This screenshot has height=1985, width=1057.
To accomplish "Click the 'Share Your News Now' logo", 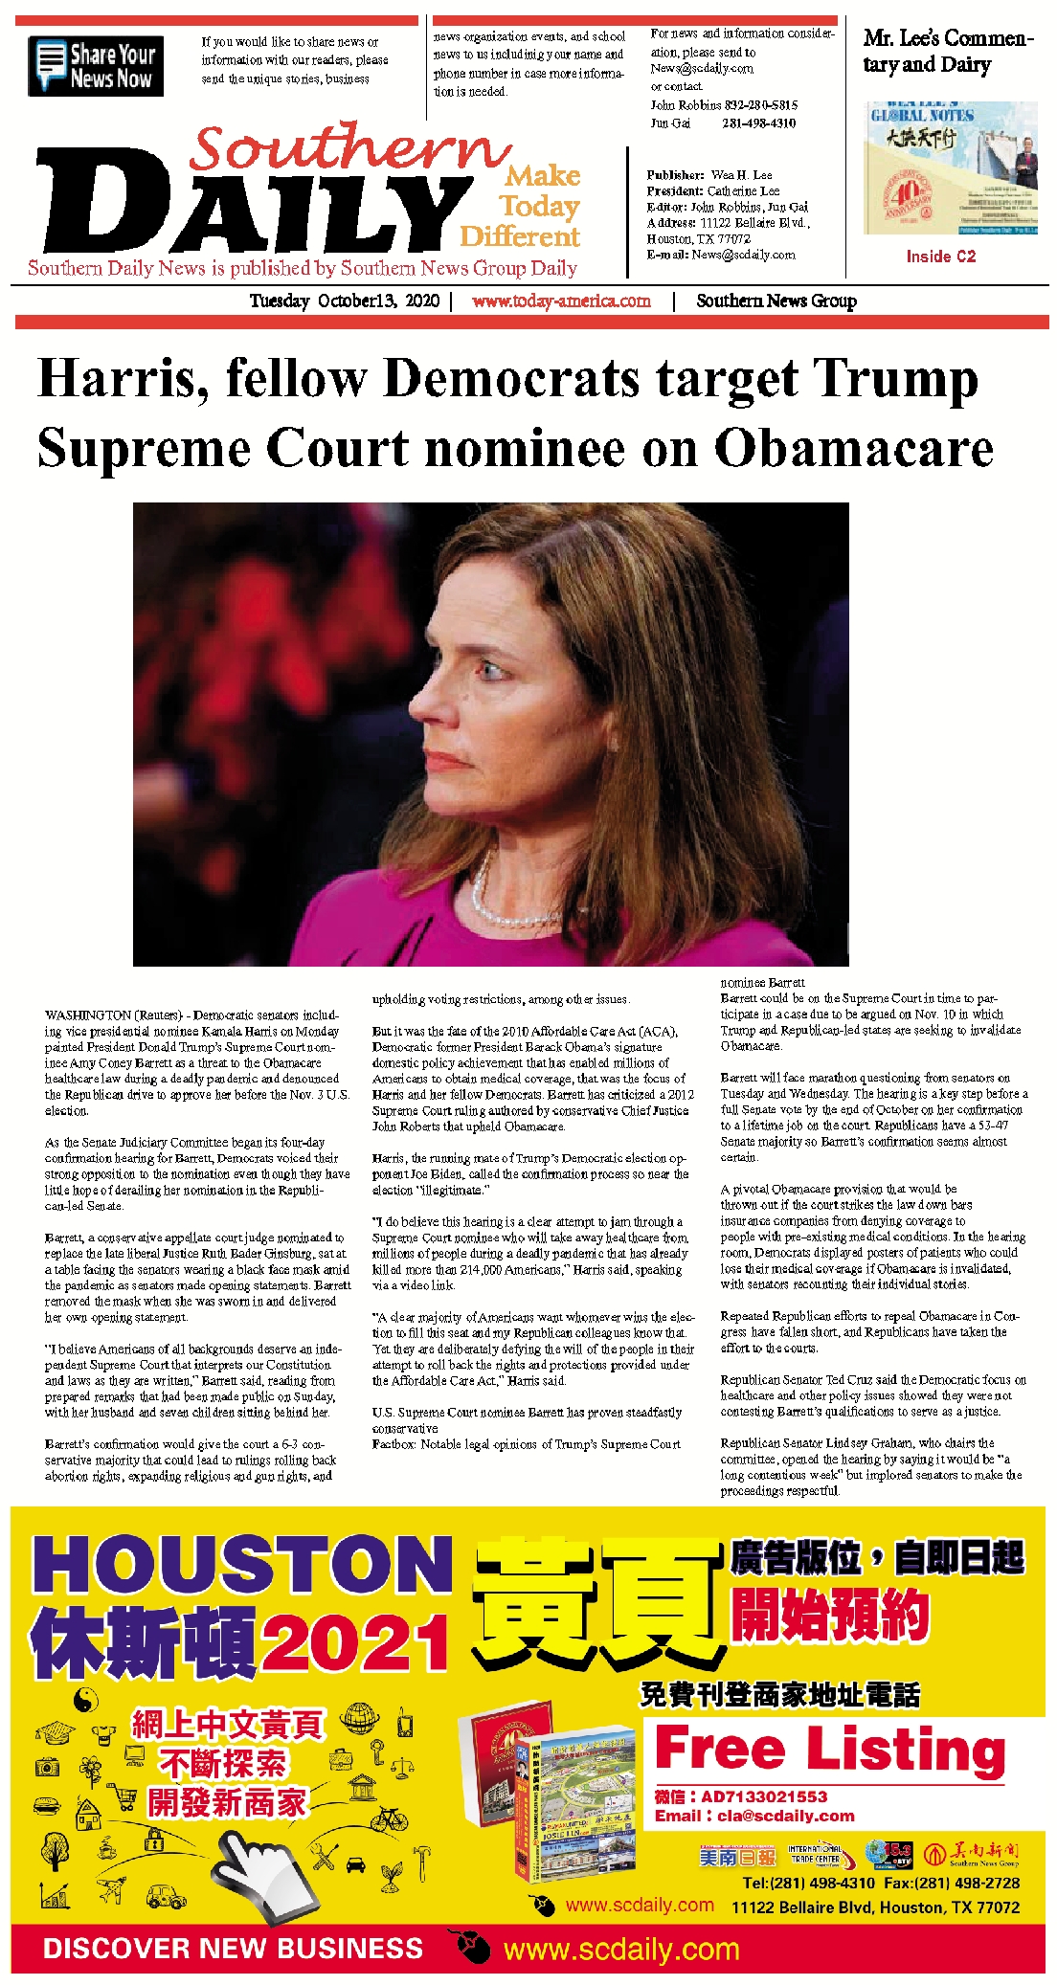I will [x=96, y=66].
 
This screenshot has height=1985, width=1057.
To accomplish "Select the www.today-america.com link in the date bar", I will [x=561, y=301].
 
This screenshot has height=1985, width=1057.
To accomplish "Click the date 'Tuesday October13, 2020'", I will [x=344, y=301].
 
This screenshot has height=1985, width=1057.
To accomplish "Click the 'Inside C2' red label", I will [x=940, y=256].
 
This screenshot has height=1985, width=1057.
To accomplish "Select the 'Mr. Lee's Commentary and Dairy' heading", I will [x=947, y=51].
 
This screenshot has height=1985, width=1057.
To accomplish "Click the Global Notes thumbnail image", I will [x=952, y=168].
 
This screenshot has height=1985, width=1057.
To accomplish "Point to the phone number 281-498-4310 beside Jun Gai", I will [x=758, y=123].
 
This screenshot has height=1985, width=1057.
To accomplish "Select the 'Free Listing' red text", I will [x=829, y=1749].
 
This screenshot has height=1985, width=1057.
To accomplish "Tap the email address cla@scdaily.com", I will [x=785, y=1816].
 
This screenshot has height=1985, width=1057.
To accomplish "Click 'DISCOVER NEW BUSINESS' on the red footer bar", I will [x=233, y=1949].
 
